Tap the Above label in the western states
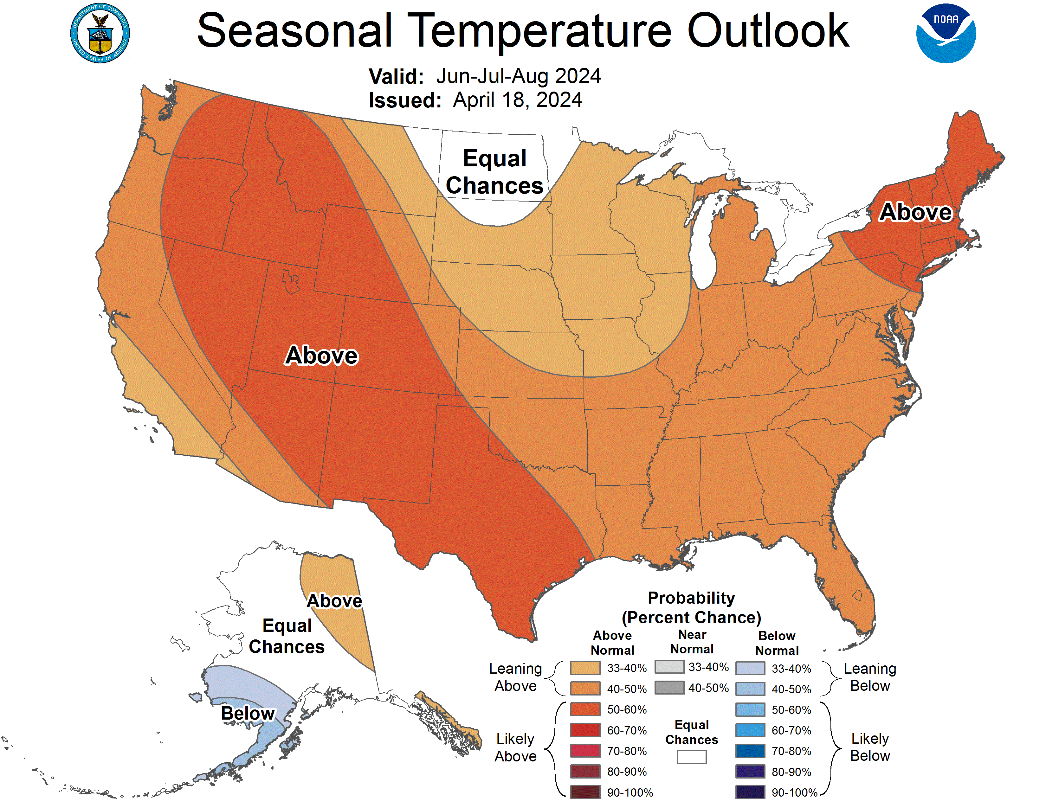coord(321,355)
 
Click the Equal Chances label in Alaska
coord(287,636)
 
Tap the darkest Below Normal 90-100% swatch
coord(750,792)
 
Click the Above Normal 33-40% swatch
coord(585,668)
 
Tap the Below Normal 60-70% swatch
coord(750,730)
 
